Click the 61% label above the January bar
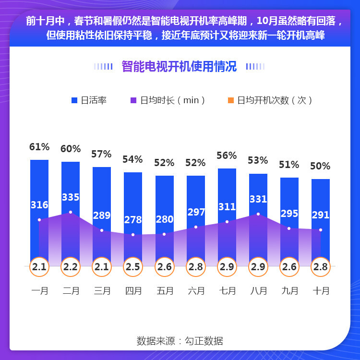[x=39, y=147]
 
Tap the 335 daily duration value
[x=71, y=197]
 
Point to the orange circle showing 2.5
[x=133, y=267]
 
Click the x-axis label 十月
[x=321, y=291]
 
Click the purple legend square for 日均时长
[x=134, y=100]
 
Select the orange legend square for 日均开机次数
[x=231, y=100]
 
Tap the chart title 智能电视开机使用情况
[x=179, y=66]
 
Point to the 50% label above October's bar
[x=320, y=166]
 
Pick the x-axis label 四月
[x=133, y=291]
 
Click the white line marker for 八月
[x=258, y=214]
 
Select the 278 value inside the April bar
[x=133, y=220]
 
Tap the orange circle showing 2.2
[x=71, y=267]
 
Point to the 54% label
[x=133, y=159]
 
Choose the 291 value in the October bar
[x=321, y=215]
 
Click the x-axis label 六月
[x=196, y=291]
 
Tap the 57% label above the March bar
[x=101, y=154]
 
